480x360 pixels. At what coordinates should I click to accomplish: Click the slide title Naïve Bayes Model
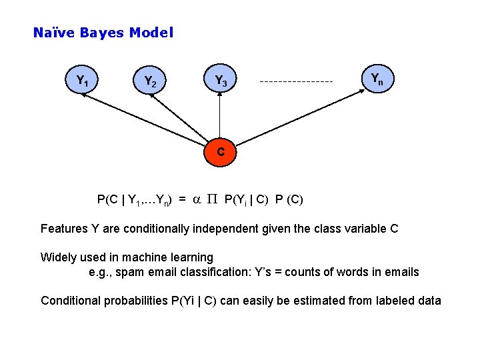coord(103,33)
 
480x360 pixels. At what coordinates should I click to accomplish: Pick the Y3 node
coord(221,81)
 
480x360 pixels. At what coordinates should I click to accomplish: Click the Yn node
coord(377,79)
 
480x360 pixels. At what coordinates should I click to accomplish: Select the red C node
coord(220,152)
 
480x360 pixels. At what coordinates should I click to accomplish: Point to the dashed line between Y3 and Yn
coord(296,82)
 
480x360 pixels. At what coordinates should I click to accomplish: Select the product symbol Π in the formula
coord(212,199)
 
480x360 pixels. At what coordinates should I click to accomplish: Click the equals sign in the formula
coord(182,199)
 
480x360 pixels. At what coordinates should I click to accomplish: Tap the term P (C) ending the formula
coord(289,199)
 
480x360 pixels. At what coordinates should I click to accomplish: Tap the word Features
coord(64,229)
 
